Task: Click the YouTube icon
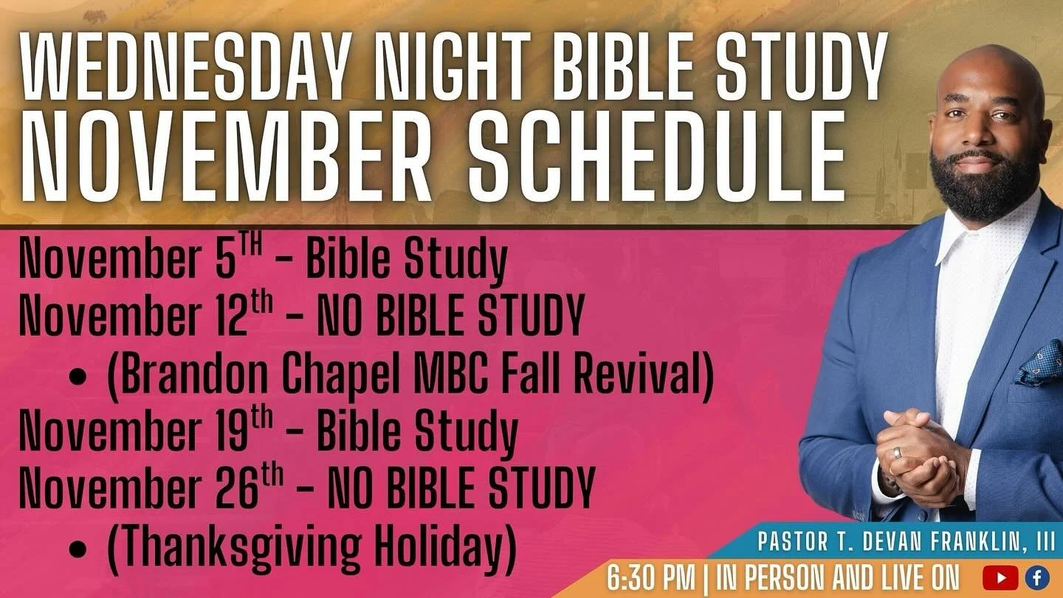1000,577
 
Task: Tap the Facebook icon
1037,577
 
